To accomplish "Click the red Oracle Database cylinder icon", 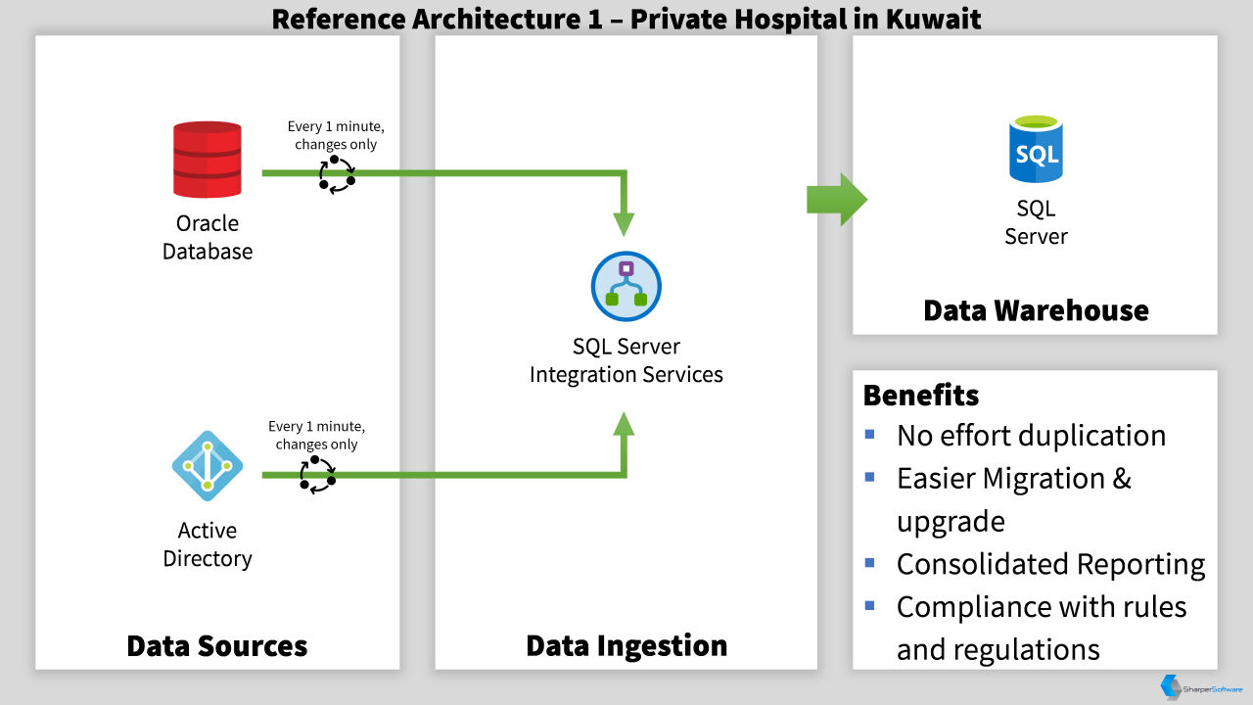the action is pyautogui.click(x=207, y=160).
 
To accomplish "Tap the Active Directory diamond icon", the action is pyautogui.click(x=208, y=465).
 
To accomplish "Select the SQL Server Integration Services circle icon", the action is pyautogui.click(x=626, y=286).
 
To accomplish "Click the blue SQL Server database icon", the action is pyautogui.click(x=1036, y=149).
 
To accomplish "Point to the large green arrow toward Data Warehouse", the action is pyautogui.click(x=837, y=200).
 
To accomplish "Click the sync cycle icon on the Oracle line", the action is pyautogui.click(x=337, y=175).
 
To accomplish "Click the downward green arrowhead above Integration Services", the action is pyautogui.click(x=624, y=224).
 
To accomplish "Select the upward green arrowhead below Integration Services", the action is pyautogui.click(x=624, y=424).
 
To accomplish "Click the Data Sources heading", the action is pyautogui.click(x=217, y=645).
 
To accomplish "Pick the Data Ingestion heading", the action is pyautogui.click(x=626, y=645).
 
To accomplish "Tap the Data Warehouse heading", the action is pyautogui.click(x=1036, y=310).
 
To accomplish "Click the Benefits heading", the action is pyautogui.click(x=921, y=395).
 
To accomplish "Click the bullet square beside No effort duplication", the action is pyautogui.click(x=869, y=434).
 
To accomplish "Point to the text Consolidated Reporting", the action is pyautogui.click(x=1050, y=564).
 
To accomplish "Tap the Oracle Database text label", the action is pyautogui.click(x=207, y=237).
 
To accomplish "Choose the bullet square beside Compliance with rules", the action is pyautogui.click(x=869, y=605).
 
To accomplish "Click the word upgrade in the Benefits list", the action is pyautogui.click(x=951, y=523).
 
